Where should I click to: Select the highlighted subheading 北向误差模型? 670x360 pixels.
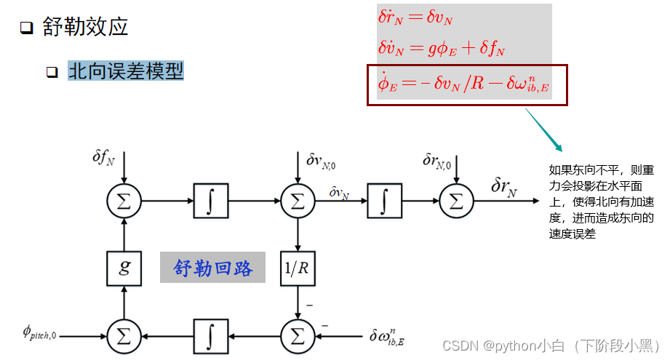pyautogui.click(x=125, y=71)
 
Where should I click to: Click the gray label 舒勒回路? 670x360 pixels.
pyautogui.click(x=212, y=268)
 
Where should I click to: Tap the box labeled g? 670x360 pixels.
pyautogui.click(x=124, y=268)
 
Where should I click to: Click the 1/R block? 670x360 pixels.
pyautogui.click(x=297, y=268)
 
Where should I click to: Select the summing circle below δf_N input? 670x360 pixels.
pyautogui.click(x=124, y=201)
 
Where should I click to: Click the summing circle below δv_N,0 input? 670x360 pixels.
pyautogui.click(x=297, y=201)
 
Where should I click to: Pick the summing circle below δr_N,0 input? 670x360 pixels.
pyautogui.click(x=456, y=201)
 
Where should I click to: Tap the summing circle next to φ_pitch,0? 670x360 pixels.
pyautogui.click(x=124, y=336)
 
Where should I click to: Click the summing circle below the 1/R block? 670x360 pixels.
pyautogui.click(x=297, y=336)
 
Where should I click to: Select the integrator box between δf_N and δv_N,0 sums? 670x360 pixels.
pyautogui.click(x=211, y=201)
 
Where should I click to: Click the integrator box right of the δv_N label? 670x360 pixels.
pyautogui.click(x=384, y=201)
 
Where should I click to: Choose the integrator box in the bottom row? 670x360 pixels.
pyautogui.click(x=211, y=336)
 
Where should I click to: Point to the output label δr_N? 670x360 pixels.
pyautogui.click(x=503, y=188)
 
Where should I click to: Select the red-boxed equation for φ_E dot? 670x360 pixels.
pyautogui.click(x=464, y=86)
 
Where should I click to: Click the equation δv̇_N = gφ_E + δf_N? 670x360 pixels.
pyautogui.click(x=441, y=49)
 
